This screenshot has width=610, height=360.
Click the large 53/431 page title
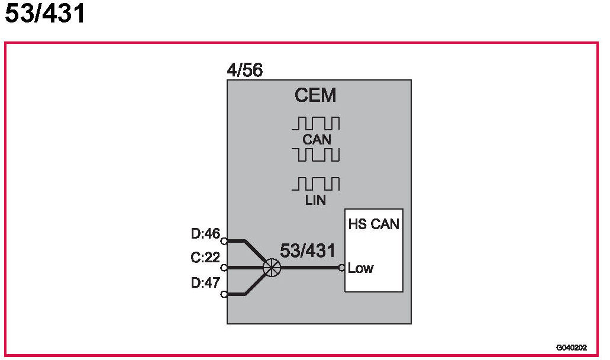click(x=46, y=14)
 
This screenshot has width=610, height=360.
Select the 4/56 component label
click(x=244, y=71)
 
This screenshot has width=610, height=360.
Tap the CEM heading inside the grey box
click(x=315, y=95)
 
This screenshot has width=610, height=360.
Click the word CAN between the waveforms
click(x=316, y=140)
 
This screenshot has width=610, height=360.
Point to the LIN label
click(x=315, y=200)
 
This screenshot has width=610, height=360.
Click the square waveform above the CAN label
click(x=316, y=123)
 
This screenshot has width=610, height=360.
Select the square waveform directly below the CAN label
click(x=316, y=155)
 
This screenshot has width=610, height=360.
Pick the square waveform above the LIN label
click(x=316, y=184)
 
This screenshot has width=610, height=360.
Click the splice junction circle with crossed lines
click(x=272, y=268)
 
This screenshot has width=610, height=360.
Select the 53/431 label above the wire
click(x=307, y=250)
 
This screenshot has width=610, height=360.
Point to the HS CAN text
click(x=373, y=224)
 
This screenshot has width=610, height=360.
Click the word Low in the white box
click(x=360, y=268)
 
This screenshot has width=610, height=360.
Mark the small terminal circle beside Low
click(x=342, y=268)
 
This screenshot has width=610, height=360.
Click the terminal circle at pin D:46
click(x=224, y=241)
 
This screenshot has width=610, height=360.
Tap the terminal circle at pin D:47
click(x=224, y=294)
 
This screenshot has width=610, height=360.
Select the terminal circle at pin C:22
click(x=224, y=268)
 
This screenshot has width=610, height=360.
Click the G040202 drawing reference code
click(x=571, y=348)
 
